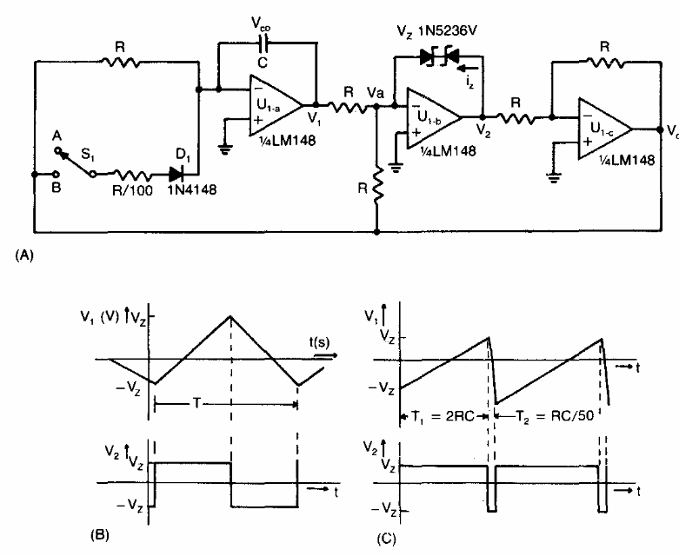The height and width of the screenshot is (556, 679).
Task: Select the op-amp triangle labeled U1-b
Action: pyautogui.click(x=437, y=115)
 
